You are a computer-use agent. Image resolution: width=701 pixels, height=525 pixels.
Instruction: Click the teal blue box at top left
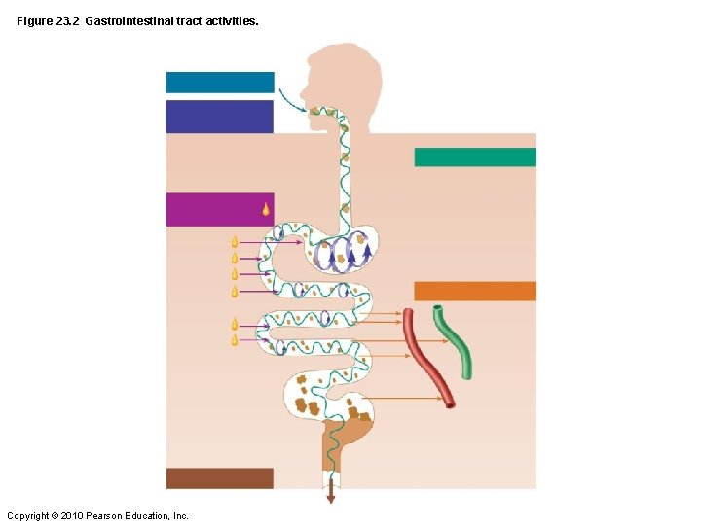[220, 82]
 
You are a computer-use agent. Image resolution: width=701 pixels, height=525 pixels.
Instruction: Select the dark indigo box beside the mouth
[220, 117]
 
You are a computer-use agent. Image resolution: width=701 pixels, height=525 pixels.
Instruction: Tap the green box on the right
[475, 157]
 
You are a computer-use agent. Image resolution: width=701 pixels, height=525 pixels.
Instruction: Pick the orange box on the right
[475, 291]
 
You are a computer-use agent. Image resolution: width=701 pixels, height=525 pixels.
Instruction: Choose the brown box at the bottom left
[220, 478]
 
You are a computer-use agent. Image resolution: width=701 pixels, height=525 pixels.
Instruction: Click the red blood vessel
[428, 355]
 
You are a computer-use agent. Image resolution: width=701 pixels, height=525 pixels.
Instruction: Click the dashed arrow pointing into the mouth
[290, 99]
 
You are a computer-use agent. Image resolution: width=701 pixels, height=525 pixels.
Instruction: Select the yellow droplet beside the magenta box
[265, 208]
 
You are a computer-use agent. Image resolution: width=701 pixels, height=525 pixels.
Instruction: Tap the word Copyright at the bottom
[26, 515]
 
